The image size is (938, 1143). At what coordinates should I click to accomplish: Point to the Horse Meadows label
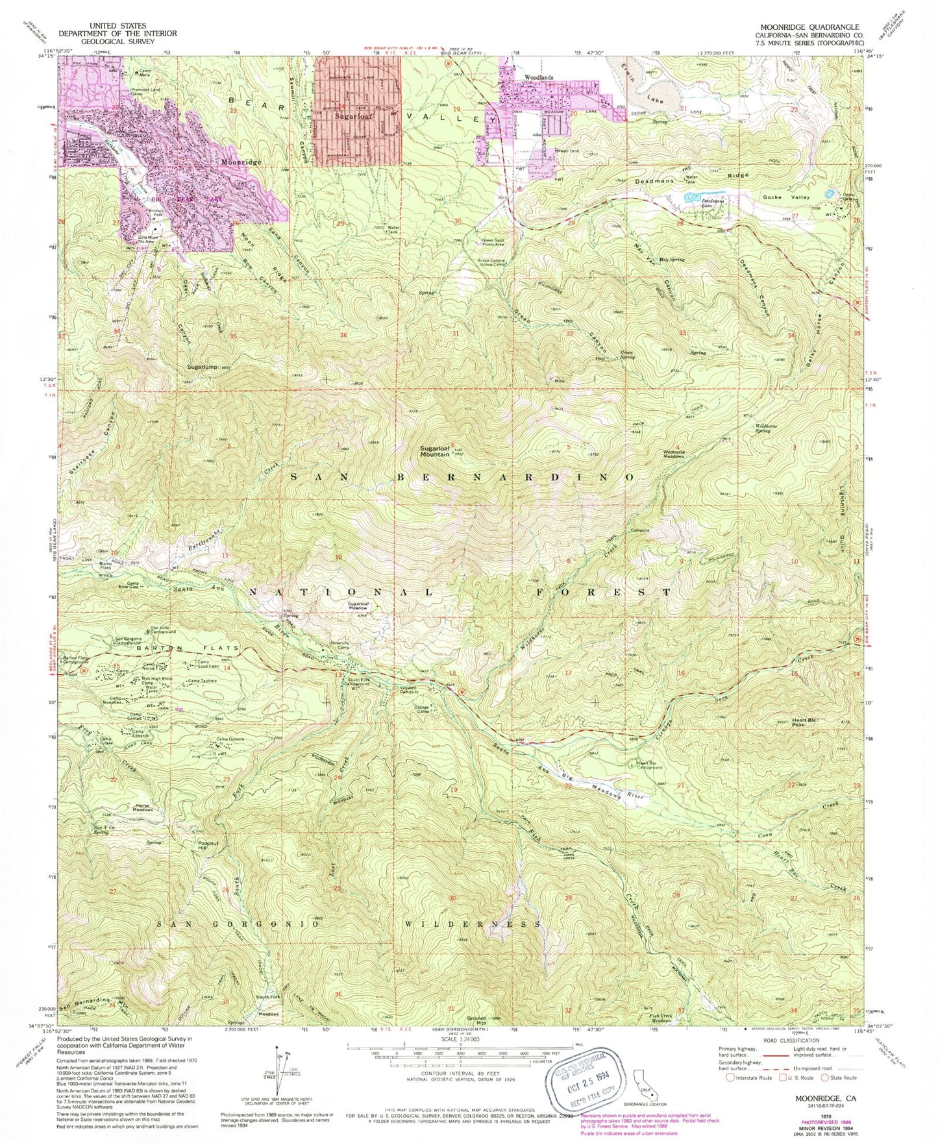pos(142,808)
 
